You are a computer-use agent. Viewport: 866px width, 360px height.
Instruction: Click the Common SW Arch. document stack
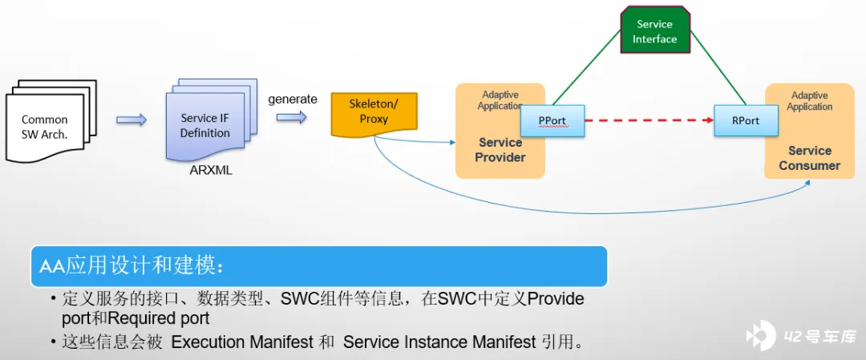(x=48, y=124)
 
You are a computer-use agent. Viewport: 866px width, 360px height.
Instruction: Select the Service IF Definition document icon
(x=207, y=123)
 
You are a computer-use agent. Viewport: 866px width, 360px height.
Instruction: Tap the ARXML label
(x=211, y=170)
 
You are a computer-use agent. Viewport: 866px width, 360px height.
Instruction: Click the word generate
(x=293, y=99)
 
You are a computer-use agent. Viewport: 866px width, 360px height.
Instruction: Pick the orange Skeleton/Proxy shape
(x=373, y=112)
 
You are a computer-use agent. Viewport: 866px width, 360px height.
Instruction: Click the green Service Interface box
(x=655, y=32)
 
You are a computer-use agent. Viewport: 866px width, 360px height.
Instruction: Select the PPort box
(x=552, y=121)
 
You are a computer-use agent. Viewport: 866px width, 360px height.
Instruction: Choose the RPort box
(x=747, y=121)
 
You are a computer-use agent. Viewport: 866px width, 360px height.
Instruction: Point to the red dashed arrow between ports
(x=649, y=121)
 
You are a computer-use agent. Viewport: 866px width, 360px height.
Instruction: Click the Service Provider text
(x=500, y=150)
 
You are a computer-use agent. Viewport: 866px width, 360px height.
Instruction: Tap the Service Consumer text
(x=809, y=158)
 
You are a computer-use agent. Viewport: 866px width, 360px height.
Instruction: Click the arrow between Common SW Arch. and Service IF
(x=132, y=120)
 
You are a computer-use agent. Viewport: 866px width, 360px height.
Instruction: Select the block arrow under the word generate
(x=292, y=117)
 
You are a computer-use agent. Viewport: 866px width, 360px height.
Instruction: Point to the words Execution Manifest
(x=242, y=342)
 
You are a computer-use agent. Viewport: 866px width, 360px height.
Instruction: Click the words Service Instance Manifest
(x=439, y=342)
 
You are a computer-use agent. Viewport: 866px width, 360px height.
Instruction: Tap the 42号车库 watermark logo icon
(x=761, y=336)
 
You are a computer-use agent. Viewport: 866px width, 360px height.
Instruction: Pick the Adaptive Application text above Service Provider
(x=500, y=100)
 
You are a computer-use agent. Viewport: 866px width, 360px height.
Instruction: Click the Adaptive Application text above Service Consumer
(x=809, y=101)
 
